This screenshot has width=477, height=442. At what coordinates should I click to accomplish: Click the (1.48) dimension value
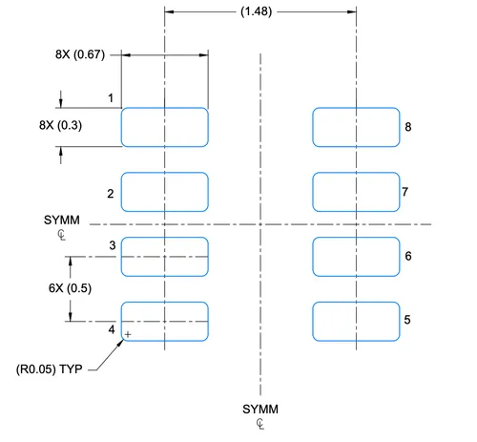point(256,11)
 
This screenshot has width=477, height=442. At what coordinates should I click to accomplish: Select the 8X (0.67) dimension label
point(80,54)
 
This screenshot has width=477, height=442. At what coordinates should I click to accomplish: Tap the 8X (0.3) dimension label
point(60,125)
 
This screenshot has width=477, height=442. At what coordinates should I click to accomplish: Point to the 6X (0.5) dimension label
point(70,288)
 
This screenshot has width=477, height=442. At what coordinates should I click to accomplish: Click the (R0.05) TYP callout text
point(50,369)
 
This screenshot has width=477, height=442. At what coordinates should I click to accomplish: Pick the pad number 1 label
point(111,98)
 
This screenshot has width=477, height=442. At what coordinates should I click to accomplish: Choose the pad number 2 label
point(111,194)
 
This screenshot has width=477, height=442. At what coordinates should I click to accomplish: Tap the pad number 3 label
point(113,245)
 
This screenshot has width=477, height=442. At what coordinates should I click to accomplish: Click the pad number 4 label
point(112,329)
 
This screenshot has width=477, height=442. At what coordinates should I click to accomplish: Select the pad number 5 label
point(407,320)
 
